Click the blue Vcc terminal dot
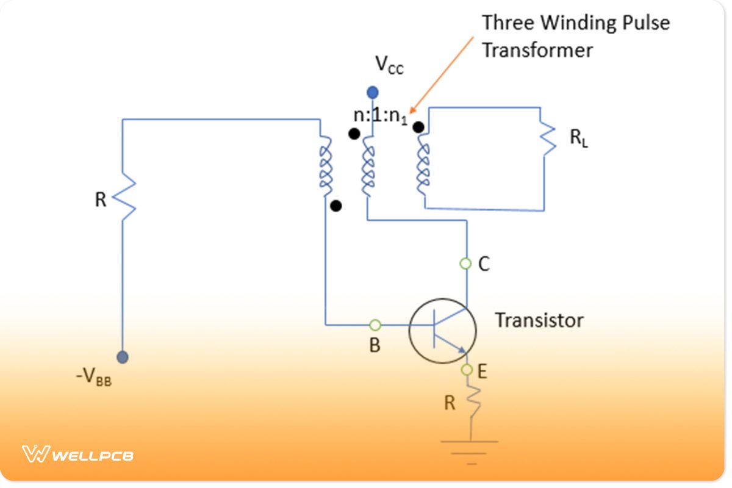click(x=372, y=93)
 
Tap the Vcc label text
click(x=389, y=63)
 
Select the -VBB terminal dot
click(x=123, y=357)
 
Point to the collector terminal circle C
click(x=466, y=264)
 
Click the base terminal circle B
click(x=375, y=325)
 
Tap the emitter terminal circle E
click(x=467, y=370)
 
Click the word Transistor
click(x=538, y=320)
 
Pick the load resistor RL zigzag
click(x=548, y=139)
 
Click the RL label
click(x=578, y=138)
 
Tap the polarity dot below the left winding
click(x=335, y=206)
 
